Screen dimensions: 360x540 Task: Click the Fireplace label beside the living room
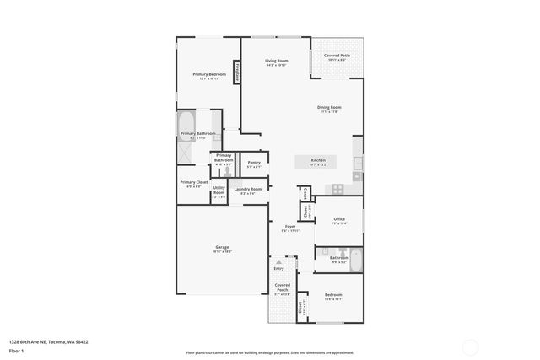point(238,73)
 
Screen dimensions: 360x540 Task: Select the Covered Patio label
point(337,56)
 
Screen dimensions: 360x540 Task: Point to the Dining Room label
point(329,107)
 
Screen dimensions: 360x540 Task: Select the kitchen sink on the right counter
point(358,164)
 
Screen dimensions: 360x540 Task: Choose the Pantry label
point(254,163)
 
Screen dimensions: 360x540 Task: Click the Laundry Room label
point(248,189)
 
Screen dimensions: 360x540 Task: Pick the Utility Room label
point(219,190)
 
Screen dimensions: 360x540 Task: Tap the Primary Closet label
point(193,182)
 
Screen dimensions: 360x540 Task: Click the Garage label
point(221,247)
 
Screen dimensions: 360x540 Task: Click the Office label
point(338,219)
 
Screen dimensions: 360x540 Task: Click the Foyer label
point(289,227)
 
